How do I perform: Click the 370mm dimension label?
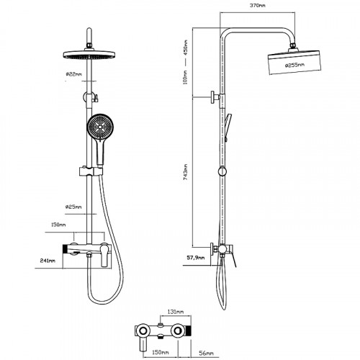[258, 5]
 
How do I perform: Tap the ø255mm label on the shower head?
[294, 65]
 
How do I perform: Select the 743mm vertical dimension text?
[185, 172]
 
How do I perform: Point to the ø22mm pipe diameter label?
[73, 74]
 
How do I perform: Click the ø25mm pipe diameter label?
[73, 207]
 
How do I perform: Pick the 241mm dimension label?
[48, 261]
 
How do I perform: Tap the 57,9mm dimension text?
[196, 258]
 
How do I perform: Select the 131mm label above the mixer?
[176, 312]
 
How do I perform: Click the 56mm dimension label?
[206, 353]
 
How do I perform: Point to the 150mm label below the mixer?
[160, 352]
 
